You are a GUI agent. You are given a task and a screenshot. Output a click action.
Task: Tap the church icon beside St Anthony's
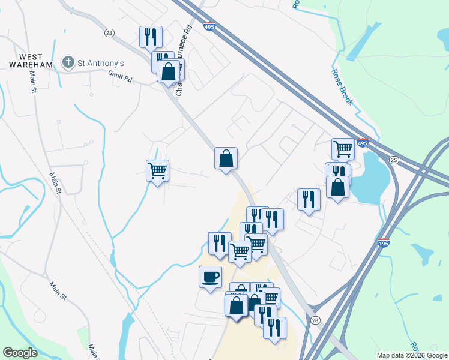(x=68, y=62)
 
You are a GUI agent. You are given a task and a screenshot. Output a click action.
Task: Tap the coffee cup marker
(x=210, y=277)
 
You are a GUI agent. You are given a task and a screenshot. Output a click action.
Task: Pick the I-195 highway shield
(x=384, y=244)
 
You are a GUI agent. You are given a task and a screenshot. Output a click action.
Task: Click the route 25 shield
(x=394, y=160)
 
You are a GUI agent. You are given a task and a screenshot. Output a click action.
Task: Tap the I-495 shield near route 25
(x=361, y=144)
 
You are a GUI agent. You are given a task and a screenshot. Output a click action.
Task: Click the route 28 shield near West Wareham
(x=109, y=33)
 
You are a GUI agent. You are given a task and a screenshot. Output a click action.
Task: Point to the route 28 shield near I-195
(x=315, y=321)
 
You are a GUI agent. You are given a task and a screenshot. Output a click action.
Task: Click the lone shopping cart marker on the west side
(x=157, y=171)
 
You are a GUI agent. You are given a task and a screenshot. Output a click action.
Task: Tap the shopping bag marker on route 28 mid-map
(x=226, y=159)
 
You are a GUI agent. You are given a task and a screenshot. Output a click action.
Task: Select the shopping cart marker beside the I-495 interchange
(x=343, y=149)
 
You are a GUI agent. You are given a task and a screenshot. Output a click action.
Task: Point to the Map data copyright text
(x=411, y=355)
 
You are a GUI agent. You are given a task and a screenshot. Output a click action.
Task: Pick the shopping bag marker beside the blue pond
(x=338, y=187)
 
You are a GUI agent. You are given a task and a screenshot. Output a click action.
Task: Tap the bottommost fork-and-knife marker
(x=274, y=328)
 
